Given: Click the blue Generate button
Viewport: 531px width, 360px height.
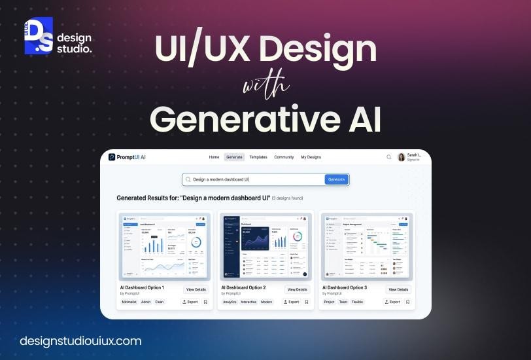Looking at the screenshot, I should point(336,179).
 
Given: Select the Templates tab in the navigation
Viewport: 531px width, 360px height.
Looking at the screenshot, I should point(258,157).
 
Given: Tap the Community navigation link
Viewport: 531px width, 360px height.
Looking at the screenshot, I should point(284,157).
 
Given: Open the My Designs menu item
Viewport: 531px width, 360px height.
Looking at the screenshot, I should point(311,157).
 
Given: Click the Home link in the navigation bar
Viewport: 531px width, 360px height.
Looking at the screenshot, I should point(214,157).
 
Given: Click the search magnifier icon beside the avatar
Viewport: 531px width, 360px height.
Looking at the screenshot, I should point(389,157).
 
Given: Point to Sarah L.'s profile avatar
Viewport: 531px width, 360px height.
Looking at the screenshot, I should point(401,157).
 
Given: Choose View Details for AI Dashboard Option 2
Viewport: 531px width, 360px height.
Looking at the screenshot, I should point(296,289).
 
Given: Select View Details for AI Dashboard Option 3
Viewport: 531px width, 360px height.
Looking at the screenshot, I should point(398,289).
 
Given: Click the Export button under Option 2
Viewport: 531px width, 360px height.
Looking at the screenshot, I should point(291,302).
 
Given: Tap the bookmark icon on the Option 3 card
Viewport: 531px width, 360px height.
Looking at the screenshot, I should point(407,302).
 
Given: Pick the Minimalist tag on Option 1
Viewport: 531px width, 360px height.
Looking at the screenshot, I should point(129,302).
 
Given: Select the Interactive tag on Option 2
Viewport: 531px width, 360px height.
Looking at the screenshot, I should point(249,302).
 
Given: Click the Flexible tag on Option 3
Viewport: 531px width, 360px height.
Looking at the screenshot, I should point(358,302).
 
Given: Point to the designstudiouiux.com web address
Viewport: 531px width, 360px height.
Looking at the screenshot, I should point(80,341).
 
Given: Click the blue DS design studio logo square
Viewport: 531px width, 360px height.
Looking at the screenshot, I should point(39,36).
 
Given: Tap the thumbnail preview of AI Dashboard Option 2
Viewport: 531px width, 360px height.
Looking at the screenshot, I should point(265,246).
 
